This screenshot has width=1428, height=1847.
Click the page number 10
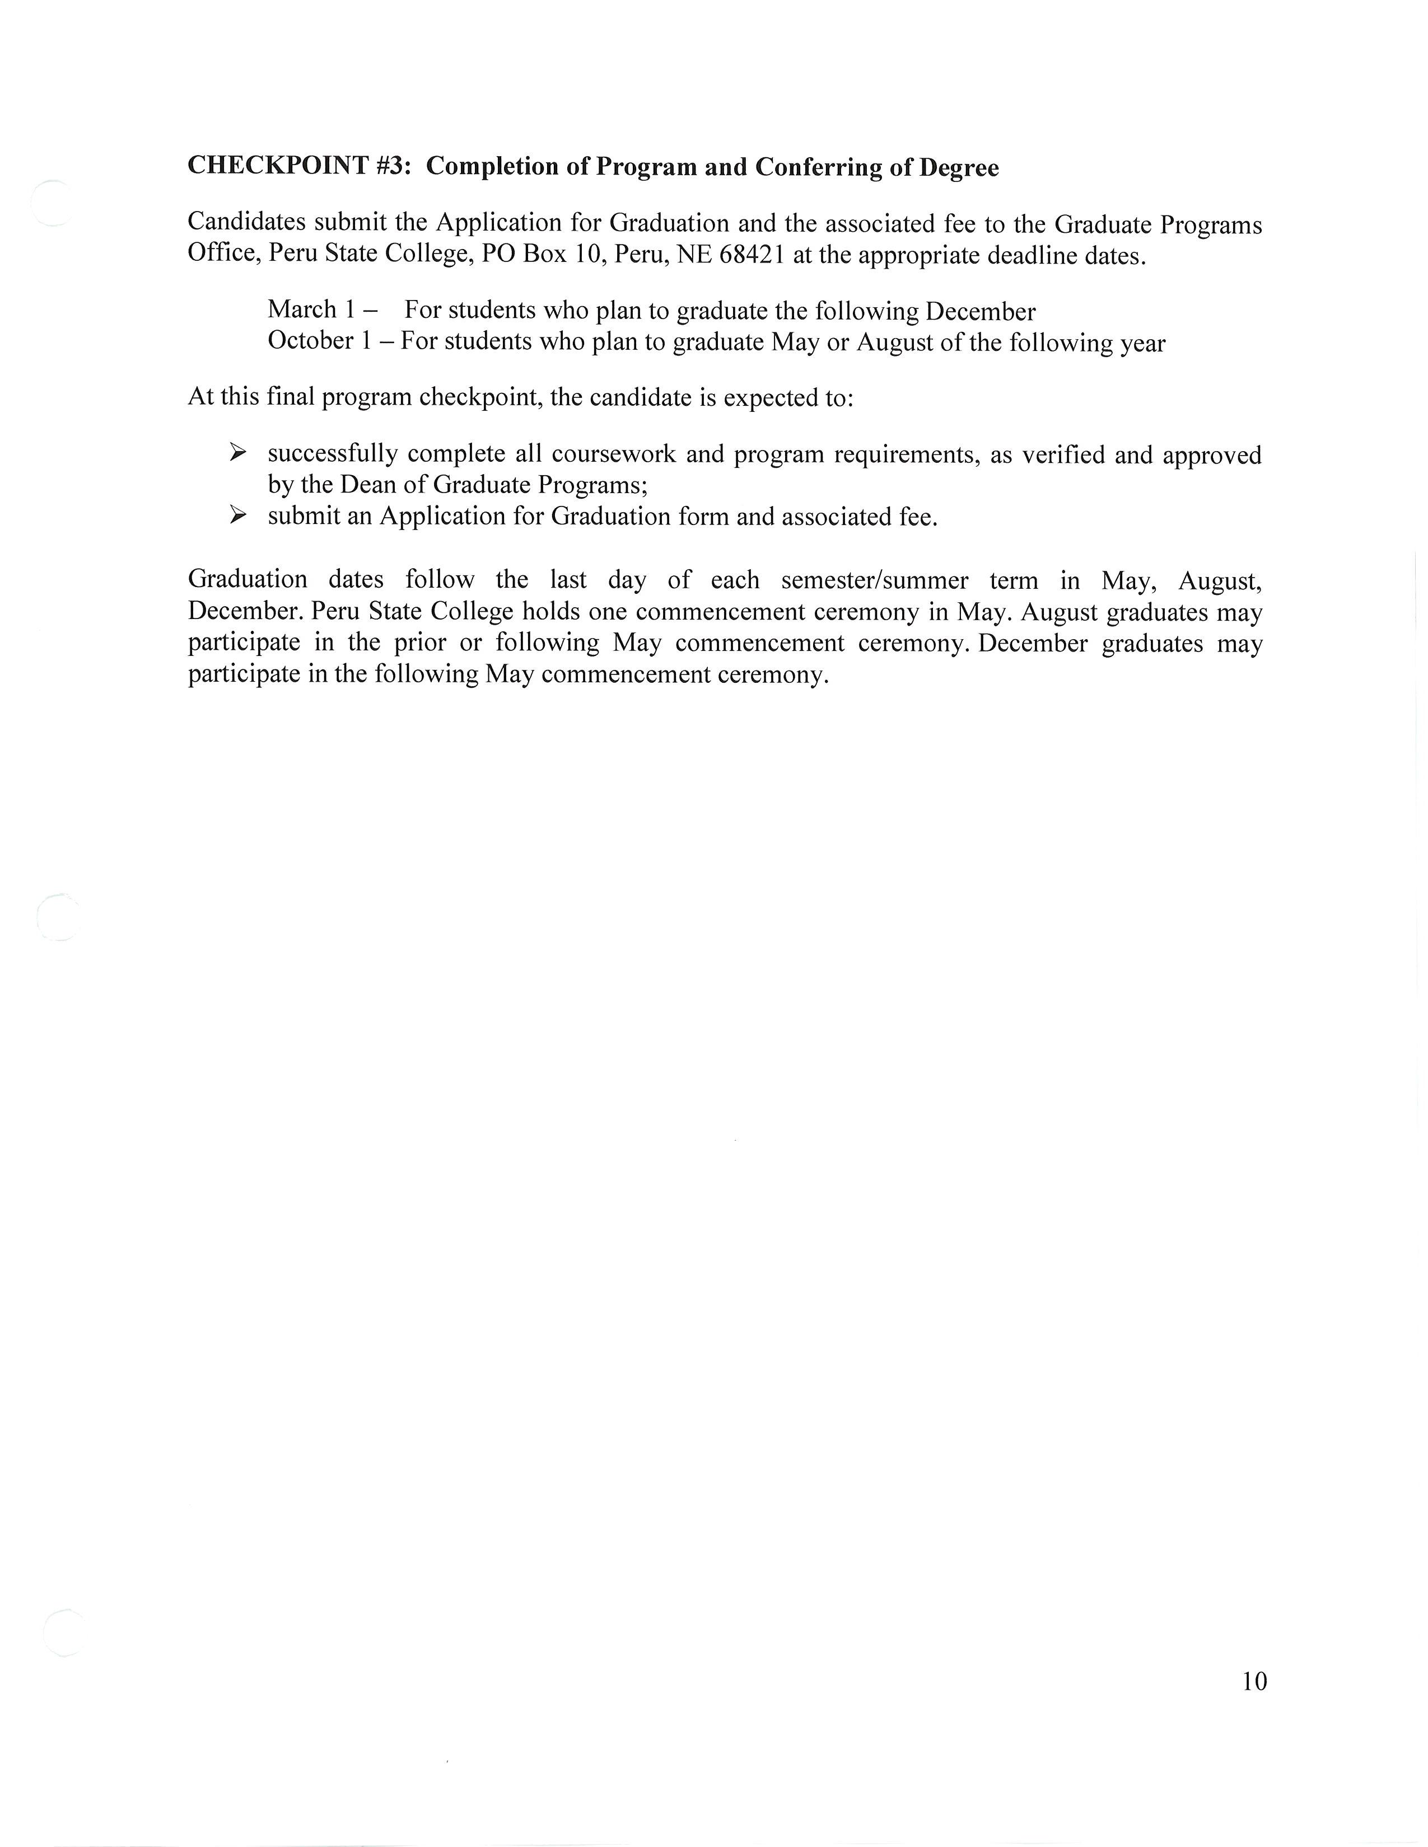[x=1254, y=1681]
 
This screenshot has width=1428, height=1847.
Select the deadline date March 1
[x=310, y=310]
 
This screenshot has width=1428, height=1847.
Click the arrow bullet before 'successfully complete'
[x=237, y=453]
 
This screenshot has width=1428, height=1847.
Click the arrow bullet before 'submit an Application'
[x=237, y=515]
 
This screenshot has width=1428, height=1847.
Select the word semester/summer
[x=875, y=580]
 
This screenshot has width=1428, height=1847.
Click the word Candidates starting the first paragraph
[x=246, y=222]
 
